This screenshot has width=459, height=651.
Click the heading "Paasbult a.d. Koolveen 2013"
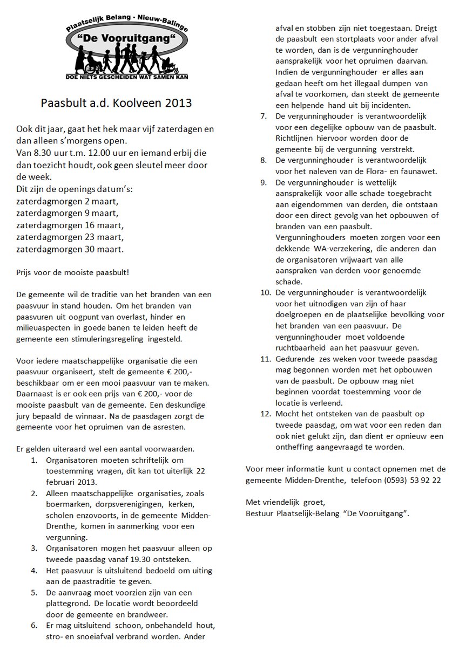point(116,103)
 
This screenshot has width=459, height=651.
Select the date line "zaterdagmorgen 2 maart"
point(67,201)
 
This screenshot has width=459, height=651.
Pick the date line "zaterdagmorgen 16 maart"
point(70,225)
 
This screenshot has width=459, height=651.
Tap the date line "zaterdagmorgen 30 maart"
point(70,249)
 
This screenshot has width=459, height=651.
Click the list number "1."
point(34,460)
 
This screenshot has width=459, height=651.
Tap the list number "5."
point(34,592)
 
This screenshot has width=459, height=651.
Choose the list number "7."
point(264,116)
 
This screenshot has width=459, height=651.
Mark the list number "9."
point(264,182)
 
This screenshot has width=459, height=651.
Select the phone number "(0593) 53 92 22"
point(411,479)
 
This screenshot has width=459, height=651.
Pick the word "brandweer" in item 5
point(152,613)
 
